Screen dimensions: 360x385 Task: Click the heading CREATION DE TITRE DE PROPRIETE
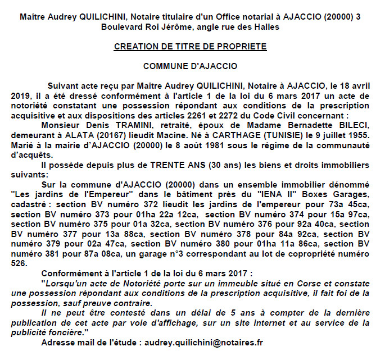click(190, 47)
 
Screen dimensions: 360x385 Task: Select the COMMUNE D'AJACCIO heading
click(190, 66)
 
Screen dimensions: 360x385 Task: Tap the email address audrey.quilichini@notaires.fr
click(205, 341)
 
